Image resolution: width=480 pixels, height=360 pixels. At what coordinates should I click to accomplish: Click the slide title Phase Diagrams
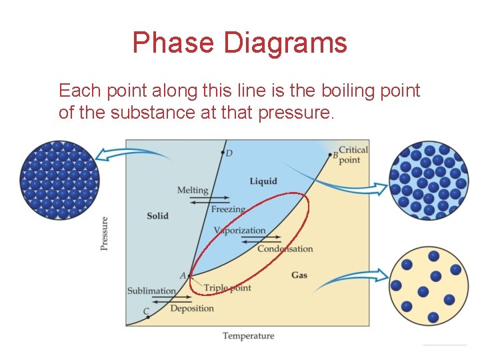239,43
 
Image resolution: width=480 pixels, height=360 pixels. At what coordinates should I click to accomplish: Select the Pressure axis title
104,233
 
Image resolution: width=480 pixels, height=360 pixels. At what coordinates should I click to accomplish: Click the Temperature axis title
248,336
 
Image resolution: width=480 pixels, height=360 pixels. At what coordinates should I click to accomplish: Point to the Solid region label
157,216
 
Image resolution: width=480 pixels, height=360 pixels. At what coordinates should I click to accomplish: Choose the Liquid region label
263,181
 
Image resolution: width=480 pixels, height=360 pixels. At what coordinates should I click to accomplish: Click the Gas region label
299,275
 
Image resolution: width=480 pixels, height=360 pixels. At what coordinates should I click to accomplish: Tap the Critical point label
353,155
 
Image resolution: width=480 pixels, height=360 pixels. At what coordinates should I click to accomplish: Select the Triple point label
227,288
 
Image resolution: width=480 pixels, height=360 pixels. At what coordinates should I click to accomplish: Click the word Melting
193,190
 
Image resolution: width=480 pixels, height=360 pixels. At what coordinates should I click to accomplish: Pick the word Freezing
228,209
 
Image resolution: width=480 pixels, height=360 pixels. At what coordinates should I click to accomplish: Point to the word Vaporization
240,231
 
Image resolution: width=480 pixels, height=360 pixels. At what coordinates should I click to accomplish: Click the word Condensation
285,249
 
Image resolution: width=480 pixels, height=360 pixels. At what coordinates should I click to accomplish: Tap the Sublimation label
151,291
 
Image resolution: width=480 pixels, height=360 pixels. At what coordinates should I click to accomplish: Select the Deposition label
192,309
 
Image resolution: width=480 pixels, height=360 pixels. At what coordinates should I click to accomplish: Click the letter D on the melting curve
229,154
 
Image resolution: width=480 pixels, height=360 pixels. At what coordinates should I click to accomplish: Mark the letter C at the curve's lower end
146,311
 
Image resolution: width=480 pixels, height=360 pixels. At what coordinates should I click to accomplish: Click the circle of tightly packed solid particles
60,180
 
